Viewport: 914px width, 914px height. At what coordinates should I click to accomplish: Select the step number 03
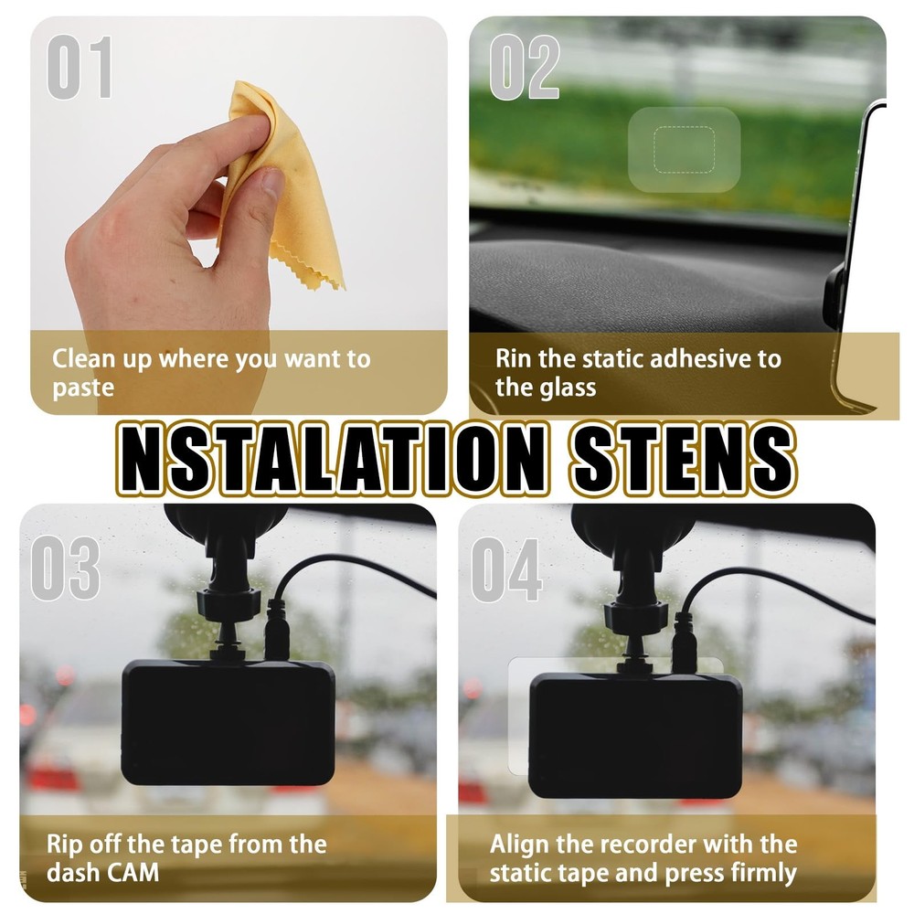pyautogui.click(x=64, y=568)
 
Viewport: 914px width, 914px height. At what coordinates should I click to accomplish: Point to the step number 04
pyautogui.click(x=506, y=568)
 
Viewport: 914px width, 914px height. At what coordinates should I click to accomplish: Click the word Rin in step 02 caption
pyautogui.click(x=515, y=358)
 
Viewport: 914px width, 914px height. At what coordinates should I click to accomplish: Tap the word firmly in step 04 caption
pyautogui.click(x=754, y=872)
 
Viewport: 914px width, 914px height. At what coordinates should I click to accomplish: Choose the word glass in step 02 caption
pyautogui.click(x=561, y=387)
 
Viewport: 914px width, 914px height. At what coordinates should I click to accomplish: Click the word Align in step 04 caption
pyautogui.click(x=518, y=843)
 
